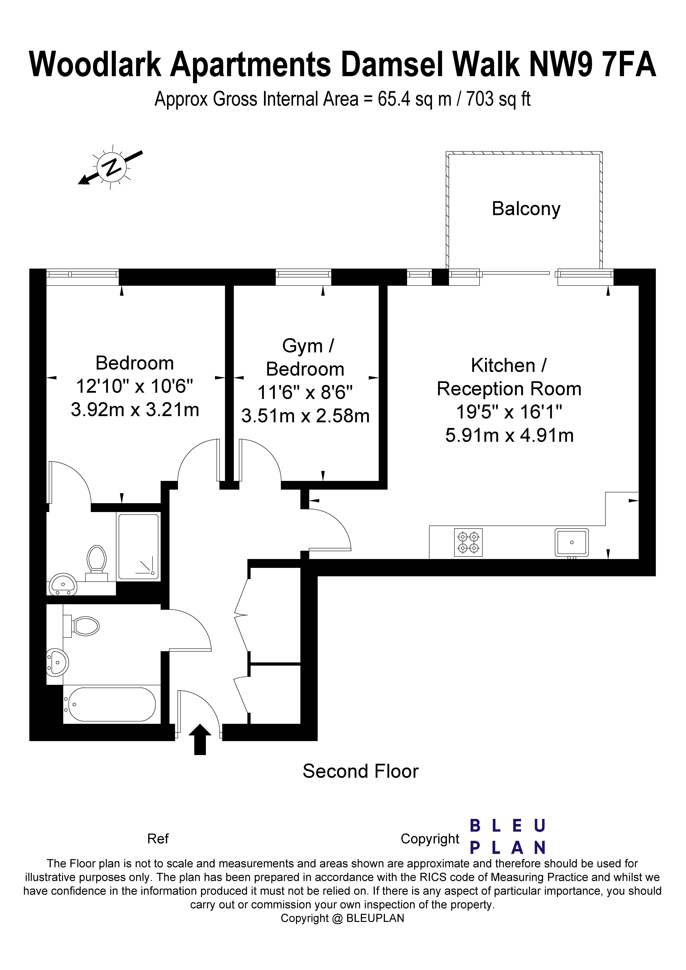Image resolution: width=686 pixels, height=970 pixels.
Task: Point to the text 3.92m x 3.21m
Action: (x=135, y=409)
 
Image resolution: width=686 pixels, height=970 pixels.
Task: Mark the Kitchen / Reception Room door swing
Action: (x=330, y=530)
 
